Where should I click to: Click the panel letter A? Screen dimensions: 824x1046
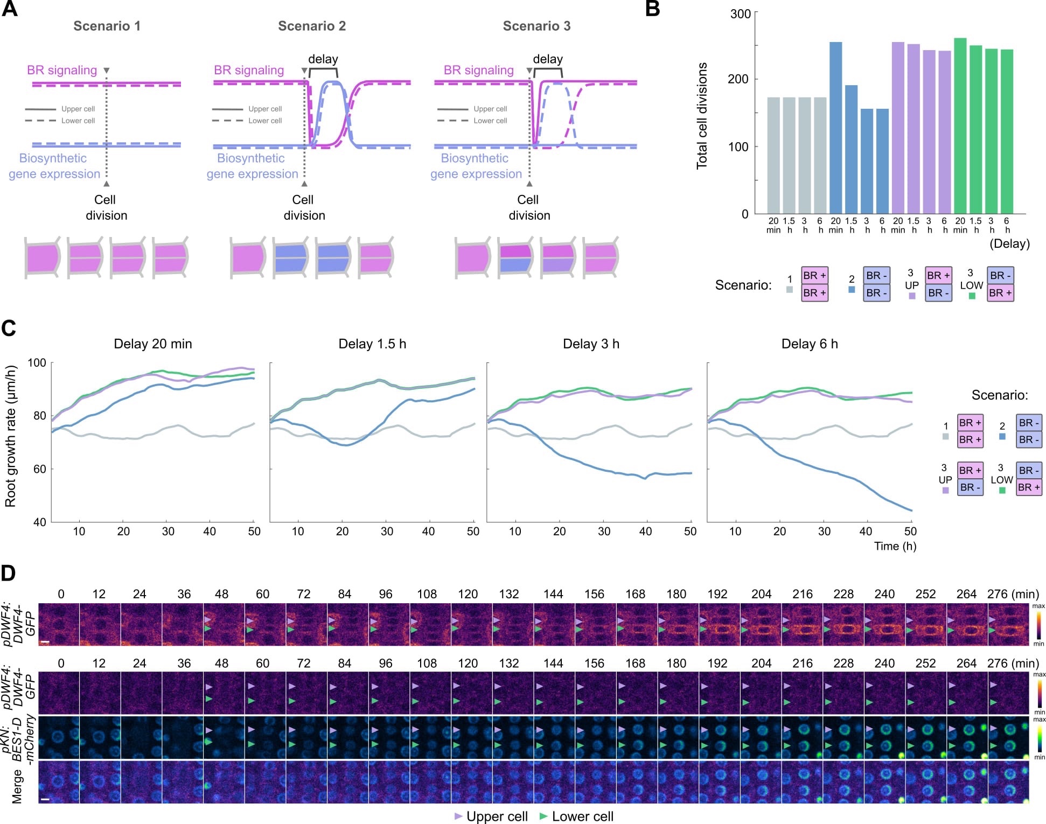coord(10,9)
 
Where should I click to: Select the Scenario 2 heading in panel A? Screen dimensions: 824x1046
coord(311,26)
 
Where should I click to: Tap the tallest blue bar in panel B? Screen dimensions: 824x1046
coord(835,128)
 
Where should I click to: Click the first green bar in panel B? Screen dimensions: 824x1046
coord(960,125)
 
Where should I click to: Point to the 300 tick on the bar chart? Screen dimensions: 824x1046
coord(740,13)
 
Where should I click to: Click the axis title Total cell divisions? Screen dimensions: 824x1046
coord(702,116)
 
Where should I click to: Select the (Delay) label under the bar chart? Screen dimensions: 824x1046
coord(1009,243)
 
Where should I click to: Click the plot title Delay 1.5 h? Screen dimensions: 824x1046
coord(372,344)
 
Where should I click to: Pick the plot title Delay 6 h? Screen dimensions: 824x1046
coord(809,344)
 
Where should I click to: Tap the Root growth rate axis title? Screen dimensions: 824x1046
coord(10,436)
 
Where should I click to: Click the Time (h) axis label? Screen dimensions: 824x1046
coord(895,546)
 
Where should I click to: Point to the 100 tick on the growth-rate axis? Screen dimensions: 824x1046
coord(37,362)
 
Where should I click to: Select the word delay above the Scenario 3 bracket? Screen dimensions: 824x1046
coord(547,59)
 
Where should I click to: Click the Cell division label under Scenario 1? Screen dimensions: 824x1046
coord(106,207)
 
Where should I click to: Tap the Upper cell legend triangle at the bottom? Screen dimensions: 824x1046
coord(458,816)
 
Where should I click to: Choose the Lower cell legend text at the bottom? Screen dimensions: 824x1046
coord(582,816)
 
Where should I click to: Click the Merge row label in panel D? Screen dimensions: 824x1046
coord(17,786)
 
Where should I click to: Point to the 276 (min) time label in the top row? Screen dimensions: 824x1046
coord(1013,594)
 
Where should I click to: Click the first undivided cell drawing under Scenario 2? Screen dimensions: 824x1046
coord(248,257)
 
